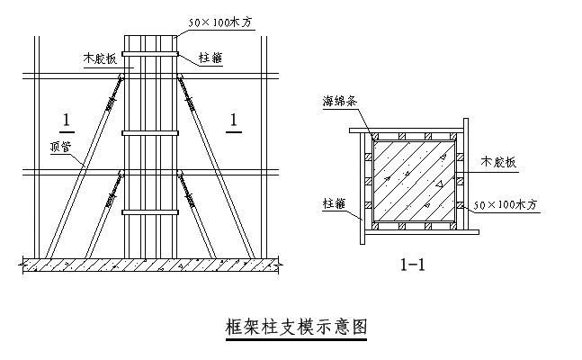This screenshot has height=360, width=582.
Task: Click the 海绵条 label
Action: pyautogui.click(x=341, y=102)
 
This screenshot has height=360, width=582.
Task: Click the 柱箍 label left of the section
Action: pyautogui.click(x=334, y=204)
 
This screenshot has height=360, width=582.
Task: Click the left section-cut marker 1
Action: pyautogui.click(x=64, y=120)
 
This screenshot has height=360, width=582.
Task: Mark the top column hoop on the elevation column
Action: pyautogui.click(x=152, y=66)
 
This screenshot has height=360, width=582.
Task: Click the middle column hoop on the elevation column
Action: pyautogui.click(x=152, y=134)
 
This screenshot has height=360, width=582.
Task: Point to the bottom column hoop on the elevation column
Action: pyautogui.click(x=152, y=212)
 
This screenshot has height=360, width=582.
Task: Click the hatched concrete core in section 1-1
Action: pyautogui.click(x=413, y=179)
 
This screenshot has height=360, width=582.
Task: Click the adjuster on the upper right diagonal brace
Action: pyautogui.click(x=191, y=93)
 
